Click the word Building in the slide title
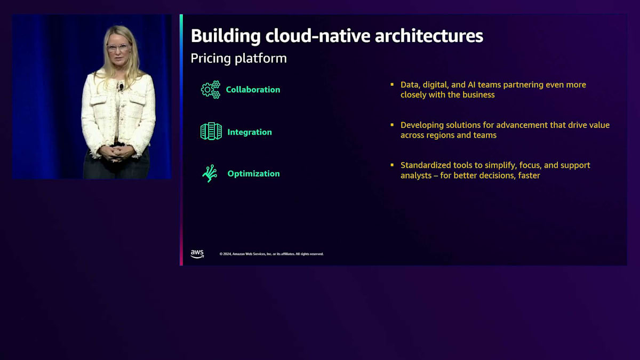click(x=226, y=36)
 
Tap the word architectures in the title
click(x=429, y=36)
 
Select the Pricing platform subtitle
click(x=238, y=59)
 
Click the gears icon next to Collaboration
click(x=211, y=90)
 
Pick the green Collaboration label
click(x=253, y=90)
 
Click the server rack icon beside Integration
click(x=211, y=131)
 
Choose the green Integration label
click(x=250, y=132)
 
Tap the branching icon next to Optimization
click(x=210, y=173)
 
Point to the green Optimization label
click(x=253, y=174)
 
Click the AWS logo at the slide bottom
click(x=197, y=254)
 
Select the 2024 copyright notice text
click(x=271, y=254)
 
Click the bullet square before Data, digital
click(x=392, y=84)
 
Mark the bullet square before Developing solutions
click(x=392, y=125)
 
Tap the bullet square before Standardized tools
click(x=392, y=165)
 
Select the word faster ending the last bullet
click(x=529, y=175)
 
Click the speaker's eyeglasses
click(x=118, y=47)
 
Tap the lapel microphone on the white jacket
click(x=122, y=86)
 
